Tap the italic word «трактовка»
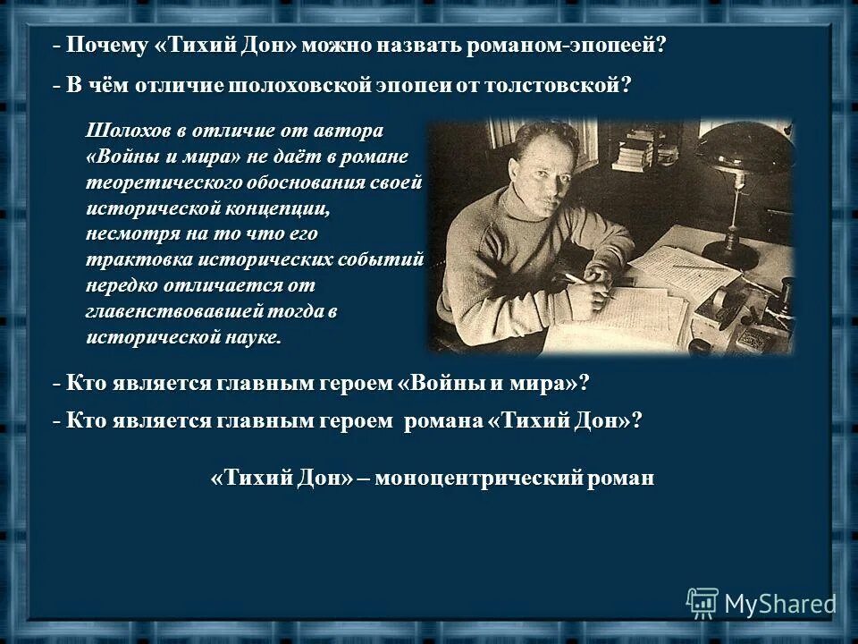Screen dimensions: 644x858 click(x=135, y=259)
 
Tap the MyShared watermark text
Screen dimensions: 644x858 click(x=779, y=604)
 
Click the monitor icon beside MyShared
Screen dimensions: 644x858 click(x=702, y=602)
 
